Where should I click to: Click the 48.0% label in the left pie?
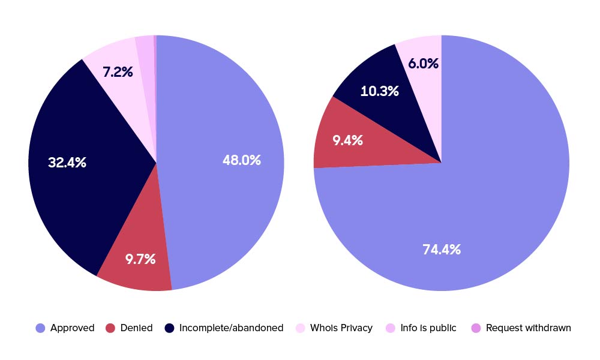point(242,160)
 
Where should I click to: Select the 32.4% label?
point(67,162)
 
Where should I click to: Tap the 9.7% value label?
point(140,259)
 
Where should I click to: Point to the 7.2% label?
point(118,72)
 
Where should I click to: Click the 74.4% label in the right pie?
point(442,250)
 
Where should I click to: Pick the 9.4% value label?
point(347,140)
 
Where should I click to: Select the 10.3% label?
point(380,91)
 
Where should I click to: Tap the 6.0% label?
point(424,63)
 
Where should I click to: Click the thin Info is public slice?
point(146,60)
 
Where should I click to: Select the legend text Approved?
point(73,328)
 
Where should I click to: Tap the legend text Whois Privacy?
point(341,328)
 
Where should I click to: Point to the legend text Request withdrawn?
point(529,328)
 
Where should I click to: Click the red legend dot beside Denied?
point(110,328)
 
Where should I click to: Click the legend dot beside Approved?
point(40,328)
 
